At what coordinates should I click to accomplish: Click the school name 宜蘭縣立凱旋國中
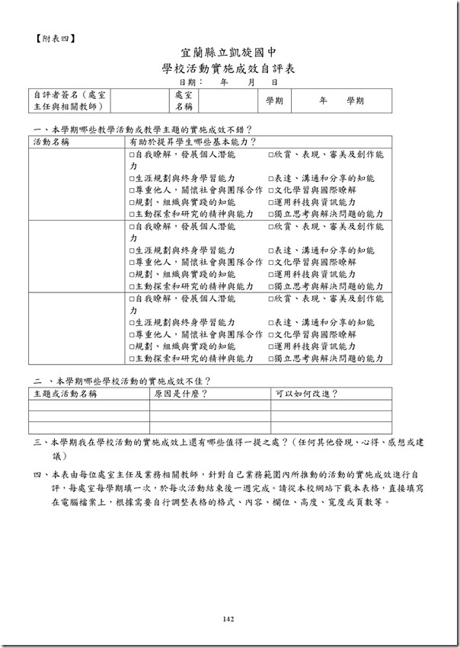click(229, 53)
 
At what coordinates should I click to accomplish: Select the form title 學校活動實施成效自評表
click(229, 69)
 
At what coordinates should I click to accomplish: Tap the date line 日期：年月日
click(228, 81)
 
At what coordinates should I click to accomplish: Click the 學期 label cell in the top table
click(274, 101)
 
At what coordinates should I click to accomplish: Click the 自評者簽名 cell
click(70, 101)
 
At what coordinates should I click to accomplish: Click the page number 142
click(228, 619)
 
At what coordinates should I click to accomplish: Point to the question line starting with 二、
click(122, 381)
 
